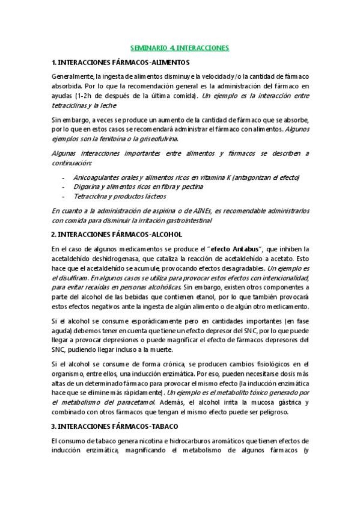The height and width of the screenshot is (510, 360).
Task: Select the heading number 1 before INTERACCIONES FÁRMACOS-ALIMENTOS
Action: pos(54,62)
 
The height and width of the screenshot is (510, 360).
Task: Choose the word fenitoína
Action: pos(99,138)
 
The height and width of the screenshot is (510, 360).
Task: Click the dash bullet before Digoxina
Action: pos(64,187)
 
